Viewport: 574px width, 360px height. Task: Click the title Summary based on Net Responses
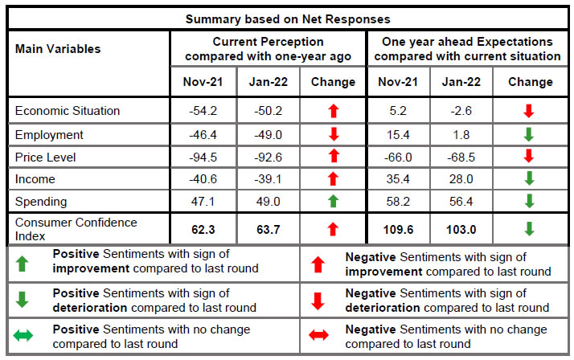(x=288, y=18)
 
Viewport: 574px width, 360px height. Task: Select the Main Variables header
(x=58, y=49)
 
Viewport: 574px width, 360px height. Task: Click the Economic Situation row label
(x=68, y=111)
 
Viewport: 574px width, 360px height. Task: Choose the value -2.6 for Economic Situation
(x=462, y=111)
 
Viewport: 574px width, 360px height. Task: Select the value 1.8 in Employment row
(x=462, y=135)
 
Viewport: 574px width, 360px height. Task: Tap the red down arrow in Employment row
(x=333, y=135)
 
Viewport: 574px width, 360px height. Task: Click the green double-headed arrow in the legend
(x=23, y=336)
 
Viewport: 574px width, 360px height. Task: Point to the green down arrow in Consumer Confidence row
(x=528, y=230)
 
